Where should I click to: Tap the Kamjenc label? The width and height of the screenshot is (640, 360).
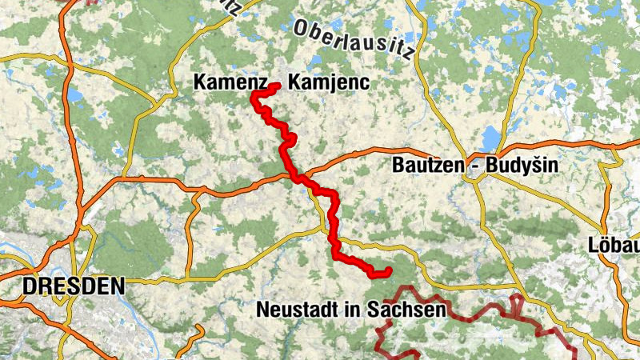tap(328, 82)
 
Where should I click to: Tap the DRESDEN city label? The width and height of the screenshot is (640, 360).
tap(74, 286)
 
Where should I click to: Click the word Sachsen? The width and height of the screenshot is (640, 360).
tap(407, 309)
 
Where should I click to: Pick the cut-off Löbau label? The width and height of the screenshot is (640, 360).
tap(614, 244)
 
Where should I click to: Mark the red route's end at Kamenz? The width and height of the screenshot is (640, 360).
tap(277, 86)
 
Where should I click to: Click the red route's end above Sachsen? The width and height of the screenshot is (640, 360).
tap(387, 271)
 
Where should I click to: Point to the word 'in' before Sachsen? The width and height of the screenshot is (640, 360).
tap(357, 309)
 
